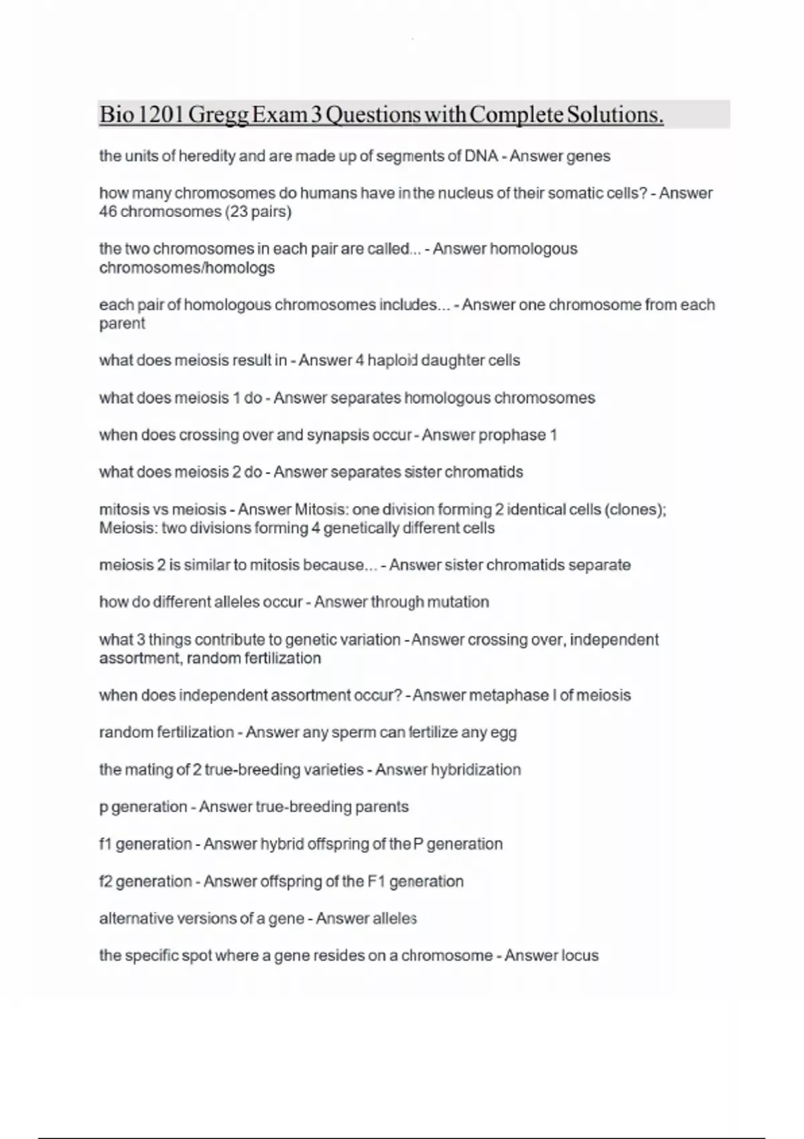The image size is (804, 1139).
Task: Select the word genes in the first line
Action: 588,156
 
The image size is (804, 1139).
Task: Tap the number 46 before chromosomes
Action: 108,212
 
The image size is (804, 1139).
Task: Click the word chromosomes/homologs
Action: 187,268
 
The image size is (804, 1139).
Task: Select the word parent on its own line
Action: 122,324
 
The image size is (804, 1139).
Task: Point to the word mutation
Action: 458,602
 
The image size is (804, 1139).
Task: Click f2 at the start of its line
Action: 106,881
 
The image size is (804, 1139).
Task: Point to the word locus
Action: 580,955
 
